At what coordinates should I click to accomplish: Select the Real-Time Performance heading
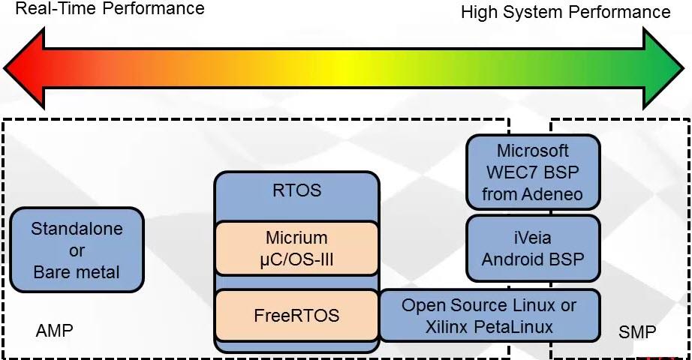coord(110,9)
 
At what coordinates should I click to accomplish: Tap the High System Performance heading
coord(565,12)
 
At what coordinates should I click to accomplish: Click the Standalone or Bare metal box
coord(77,250)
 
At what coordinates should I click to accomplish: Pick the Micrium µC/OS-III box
coord(296,248)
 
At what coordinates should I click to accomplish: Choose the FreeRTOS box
coord(296,316)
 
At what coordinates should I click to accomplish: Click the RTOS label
coord(296,190)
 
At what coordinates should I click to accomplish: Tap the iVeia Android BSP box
coord(533,249)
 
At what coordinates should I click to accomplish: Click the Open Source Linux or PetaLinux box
coord(489,316)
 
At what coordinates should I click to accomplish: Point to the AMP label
coord(54,331)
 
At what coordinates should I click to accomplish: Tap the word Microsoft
coord(533,151)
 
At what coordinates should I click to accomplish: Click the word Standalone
coord(77,229)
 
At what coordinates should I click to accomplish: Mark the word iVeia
coord(533,238)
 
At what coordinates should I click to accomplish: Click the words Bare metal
coord(77,272)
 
